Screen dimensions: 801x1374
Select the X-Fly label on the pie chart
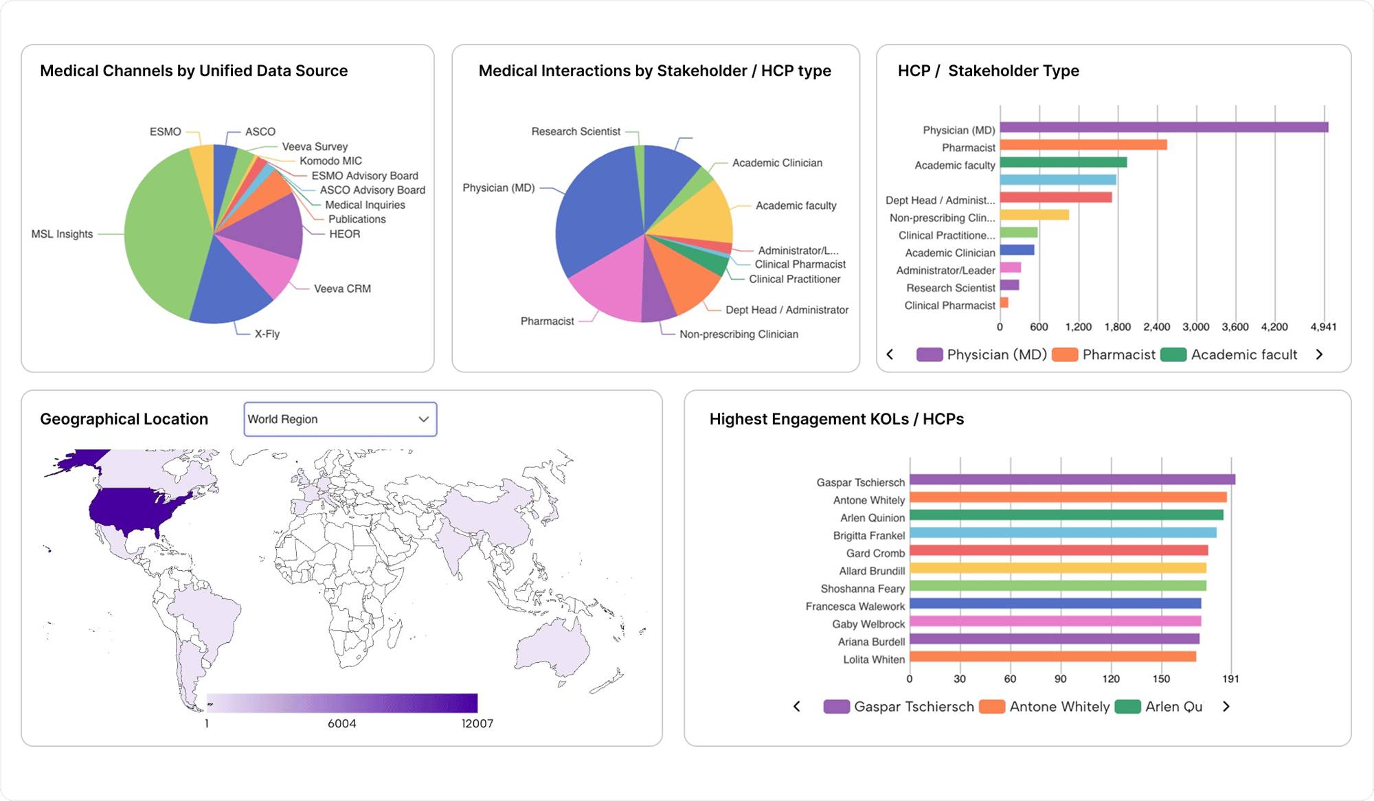pos(267,334)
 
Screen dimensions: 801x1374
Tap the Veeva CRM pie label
pos(342,289)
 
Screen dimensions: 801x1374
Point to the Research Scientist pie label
pos(575,131)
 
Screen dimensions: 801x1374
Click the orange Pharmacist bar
pos(1083,145)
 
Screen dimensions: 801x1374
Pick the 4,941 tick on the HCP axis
pos(1323,327)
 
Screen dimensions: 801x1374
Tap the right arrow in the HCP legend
pos(1319,354)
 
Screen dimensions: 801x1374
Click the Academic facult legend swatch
pos(1173,354)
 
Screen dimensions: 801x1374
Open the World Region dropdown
pos(340,419)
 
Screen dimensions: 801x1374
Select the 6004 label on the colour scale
pos(342,723)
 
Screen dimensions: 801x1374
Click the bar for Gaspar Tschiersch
pos(1072,480)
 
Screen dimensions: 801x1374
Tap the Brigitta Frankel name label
pos(868,535)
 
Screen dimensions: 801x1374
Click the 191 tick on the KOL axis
pos(1230,679)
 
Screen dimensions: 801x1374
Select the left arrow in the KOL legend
pos(797,706)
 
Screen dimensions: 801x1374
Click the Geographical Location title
pos(124,419)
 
